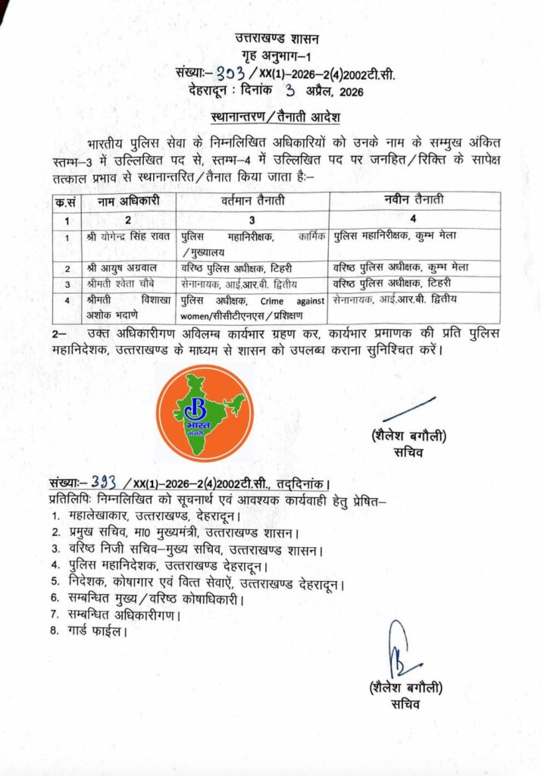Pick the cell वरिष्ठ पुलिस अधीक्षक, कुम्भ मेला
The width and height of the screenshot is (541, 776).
(401, 268)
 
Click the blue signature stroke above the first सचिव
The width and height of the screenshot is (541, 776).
(409, 408)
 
